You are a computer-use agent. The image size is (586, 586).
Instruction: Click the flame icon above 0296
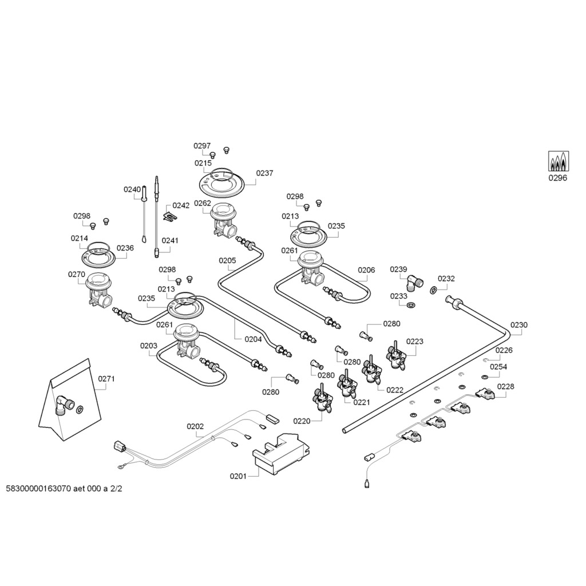tap(559, 161)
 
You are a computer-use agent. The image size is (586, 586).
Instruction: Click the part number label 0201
tap(238, 476)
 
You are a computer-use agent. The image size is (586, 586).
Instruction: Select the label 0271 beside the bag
tap(106, 378)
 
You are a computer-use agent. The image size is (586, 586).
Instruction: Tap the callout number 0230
tap(519, 325)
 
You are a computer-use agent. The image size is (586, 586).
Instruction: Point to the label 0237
tap(264, 173)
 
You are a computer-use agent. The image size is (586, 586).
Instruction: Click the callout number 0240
tap(132, 189)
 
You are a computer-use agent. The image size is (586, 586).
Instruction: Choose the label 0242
tap(181, 205)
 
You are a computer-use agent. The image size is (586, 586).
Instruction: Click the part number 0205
tap(227, 260)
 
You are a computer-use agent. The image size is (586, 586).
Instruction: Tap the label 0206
tap(366, 270)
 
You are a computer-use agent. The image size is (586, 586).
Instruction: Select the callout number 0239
tap(398, 269)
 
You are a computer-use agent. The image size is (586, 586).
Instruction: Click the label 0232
tap(446, 279)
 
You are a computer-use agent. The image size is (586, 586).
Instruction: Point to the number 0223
tap(415, 342)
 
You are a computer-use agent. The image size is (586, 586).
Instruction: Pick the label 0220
tap(302, 421)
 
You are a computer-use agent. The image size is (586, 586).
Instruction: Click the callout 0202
tap(195, 426)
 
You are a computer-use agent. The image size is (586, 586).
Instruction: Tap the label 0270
tap(76, 274)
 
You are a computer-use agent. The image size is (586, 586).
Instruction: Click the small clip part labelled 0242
tap(169, 216)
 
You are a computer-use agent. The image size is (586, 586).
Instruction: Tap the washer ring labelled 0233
tap(411, 306)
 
